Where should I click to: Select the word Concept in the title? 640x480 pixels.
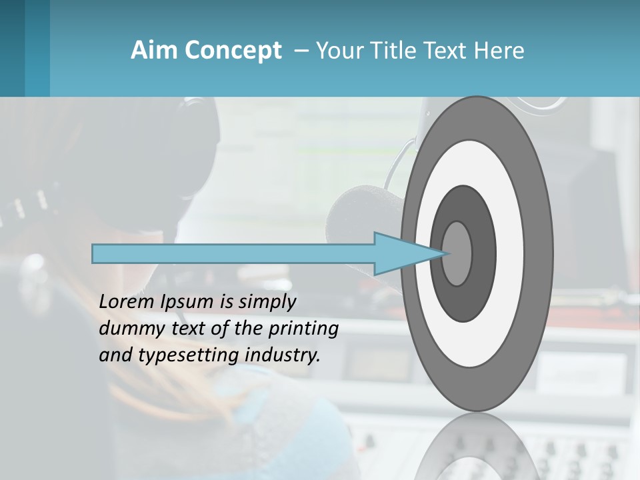coord(233,51)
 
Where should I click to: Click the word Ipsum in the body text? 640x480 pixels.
coord(186,302)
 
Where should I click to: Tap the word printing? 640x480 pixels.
coord(303,329)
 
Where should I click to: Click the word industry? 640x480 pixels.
coord(283,355)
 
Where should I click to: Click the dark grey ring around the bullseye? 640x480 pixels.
coord(483,253)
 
